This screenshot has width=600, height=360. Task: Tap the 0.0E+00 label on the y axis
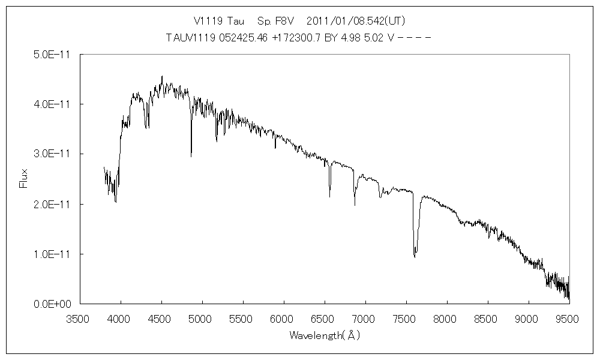coord(53,304)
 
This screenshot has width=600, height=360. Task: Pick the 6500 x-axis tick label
coord(324,319)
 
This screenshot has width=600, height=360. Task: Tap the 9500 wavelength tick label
coord(568,319)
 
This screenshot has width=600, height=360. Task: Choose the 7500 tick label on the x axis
coord(406,319)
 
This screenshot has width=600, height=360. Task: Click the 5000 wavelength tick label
coord(202,319)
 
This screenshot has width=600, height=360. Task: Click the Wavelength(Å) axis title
coord(324,335)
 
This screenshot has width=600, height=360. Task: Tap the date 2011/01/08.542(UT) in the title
coord(356,20)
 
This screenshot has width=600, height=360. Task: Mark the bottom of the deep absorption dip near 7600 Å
coord(415,257)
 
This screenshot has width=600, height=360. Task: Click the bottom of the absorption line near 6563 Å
coord(329,196)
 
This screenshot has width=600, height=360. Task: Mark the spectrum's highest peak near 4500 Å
coord(162,76)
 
